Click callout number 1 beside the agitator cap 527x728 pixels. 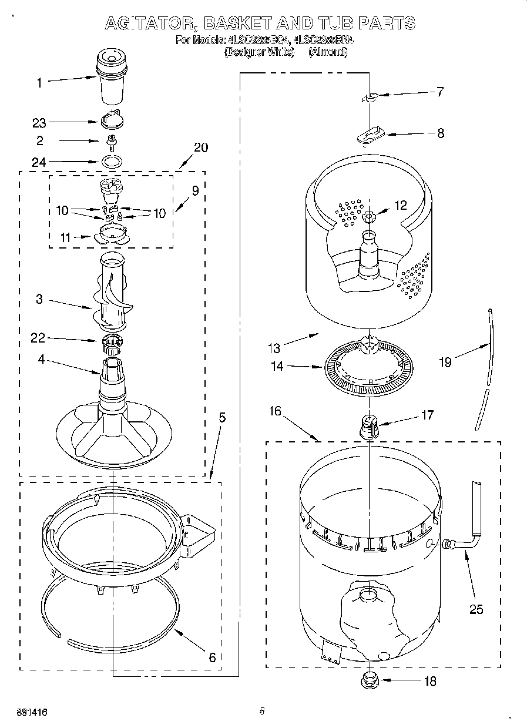[x=39, y=83]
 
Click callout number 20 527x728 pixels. [x=200, y=147]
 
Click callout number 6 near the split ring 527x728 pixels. [x=212, y=657]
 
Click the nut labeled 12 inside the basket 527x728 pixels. [x=369, y=217]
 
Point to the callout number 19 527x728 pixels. [x=445, y=363]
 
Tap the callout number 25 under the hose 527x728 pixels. [x=476, y=609]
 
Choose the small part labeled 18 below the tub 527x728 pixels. [x=369, y=682]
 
